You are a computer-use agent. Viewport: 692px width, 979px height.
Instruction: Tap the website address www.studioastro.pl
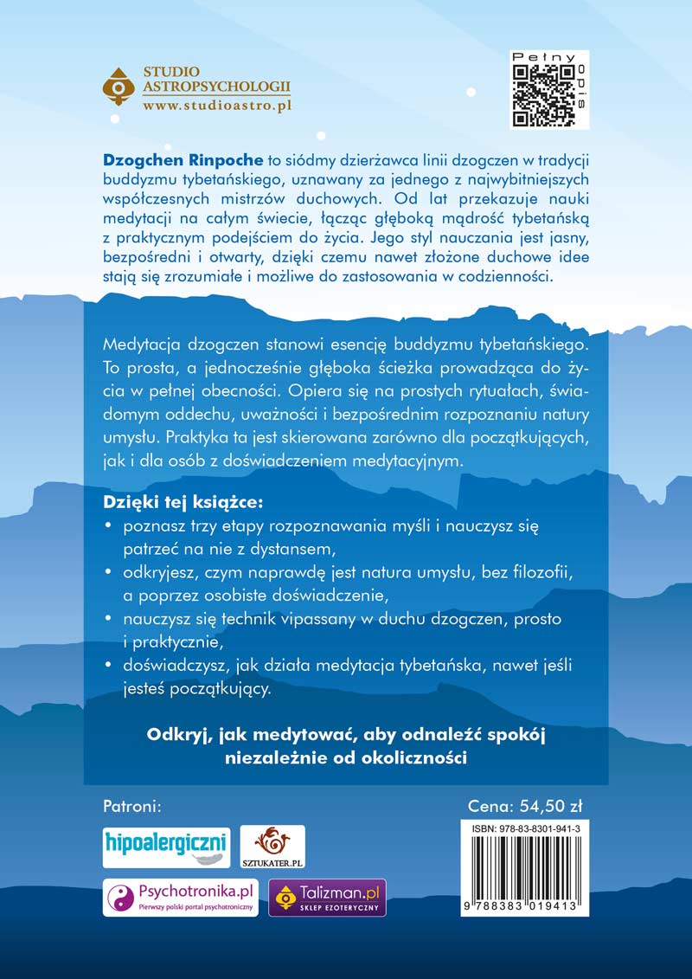pos(216,104)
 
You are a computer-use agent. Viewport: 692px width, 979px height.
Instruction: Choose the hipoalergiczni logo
pos(166,844)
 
